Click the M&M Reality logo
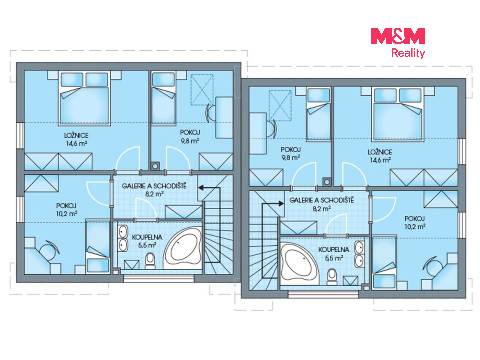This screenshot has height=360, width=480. pyautogui.click(x=398, y=43)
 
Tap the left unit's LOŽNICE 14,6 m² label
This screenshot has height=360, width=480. pyautogui.click(x=76, y=139)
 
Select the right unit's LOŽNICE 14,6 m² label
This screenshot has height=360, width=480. pyautogui.click(x=380, y=156)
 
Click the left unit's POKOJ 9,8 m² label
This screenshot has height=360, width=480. pyautogui.click(x=190, y=137)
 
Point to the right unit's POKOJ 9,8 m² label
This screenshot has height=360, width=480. pyautogui.click(x=291, y=154)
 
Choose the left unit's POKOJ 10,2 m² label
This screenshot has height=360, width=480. pyautogui.click(x=66, y=210)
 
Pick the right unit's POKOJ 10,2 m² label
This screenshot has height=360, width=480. pyautogui.click(x=415, y=223)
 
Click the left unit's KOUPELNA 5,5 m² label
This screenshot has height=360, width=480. pyautogui.click(x=147, y=241)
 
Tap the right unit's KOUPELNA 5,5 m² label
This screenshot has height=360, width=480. pyautogui.click(x=333, y=254)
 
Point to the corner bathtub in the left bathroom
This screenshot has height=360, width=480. pyautogui.click(x=182, y=248)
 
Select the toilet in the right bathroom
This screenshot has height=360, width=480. pyautogui.click(x=332, y=277)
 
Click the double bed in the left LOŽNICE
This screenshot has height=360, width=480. pyautogui.click(x=84, y=98)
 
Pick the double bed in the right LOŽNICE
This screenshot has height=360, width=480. pyautogui.click(x=398, y=114)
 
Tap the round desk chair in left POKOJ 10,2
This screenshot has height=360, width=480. pyautogui.click(x=49, y=251)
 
